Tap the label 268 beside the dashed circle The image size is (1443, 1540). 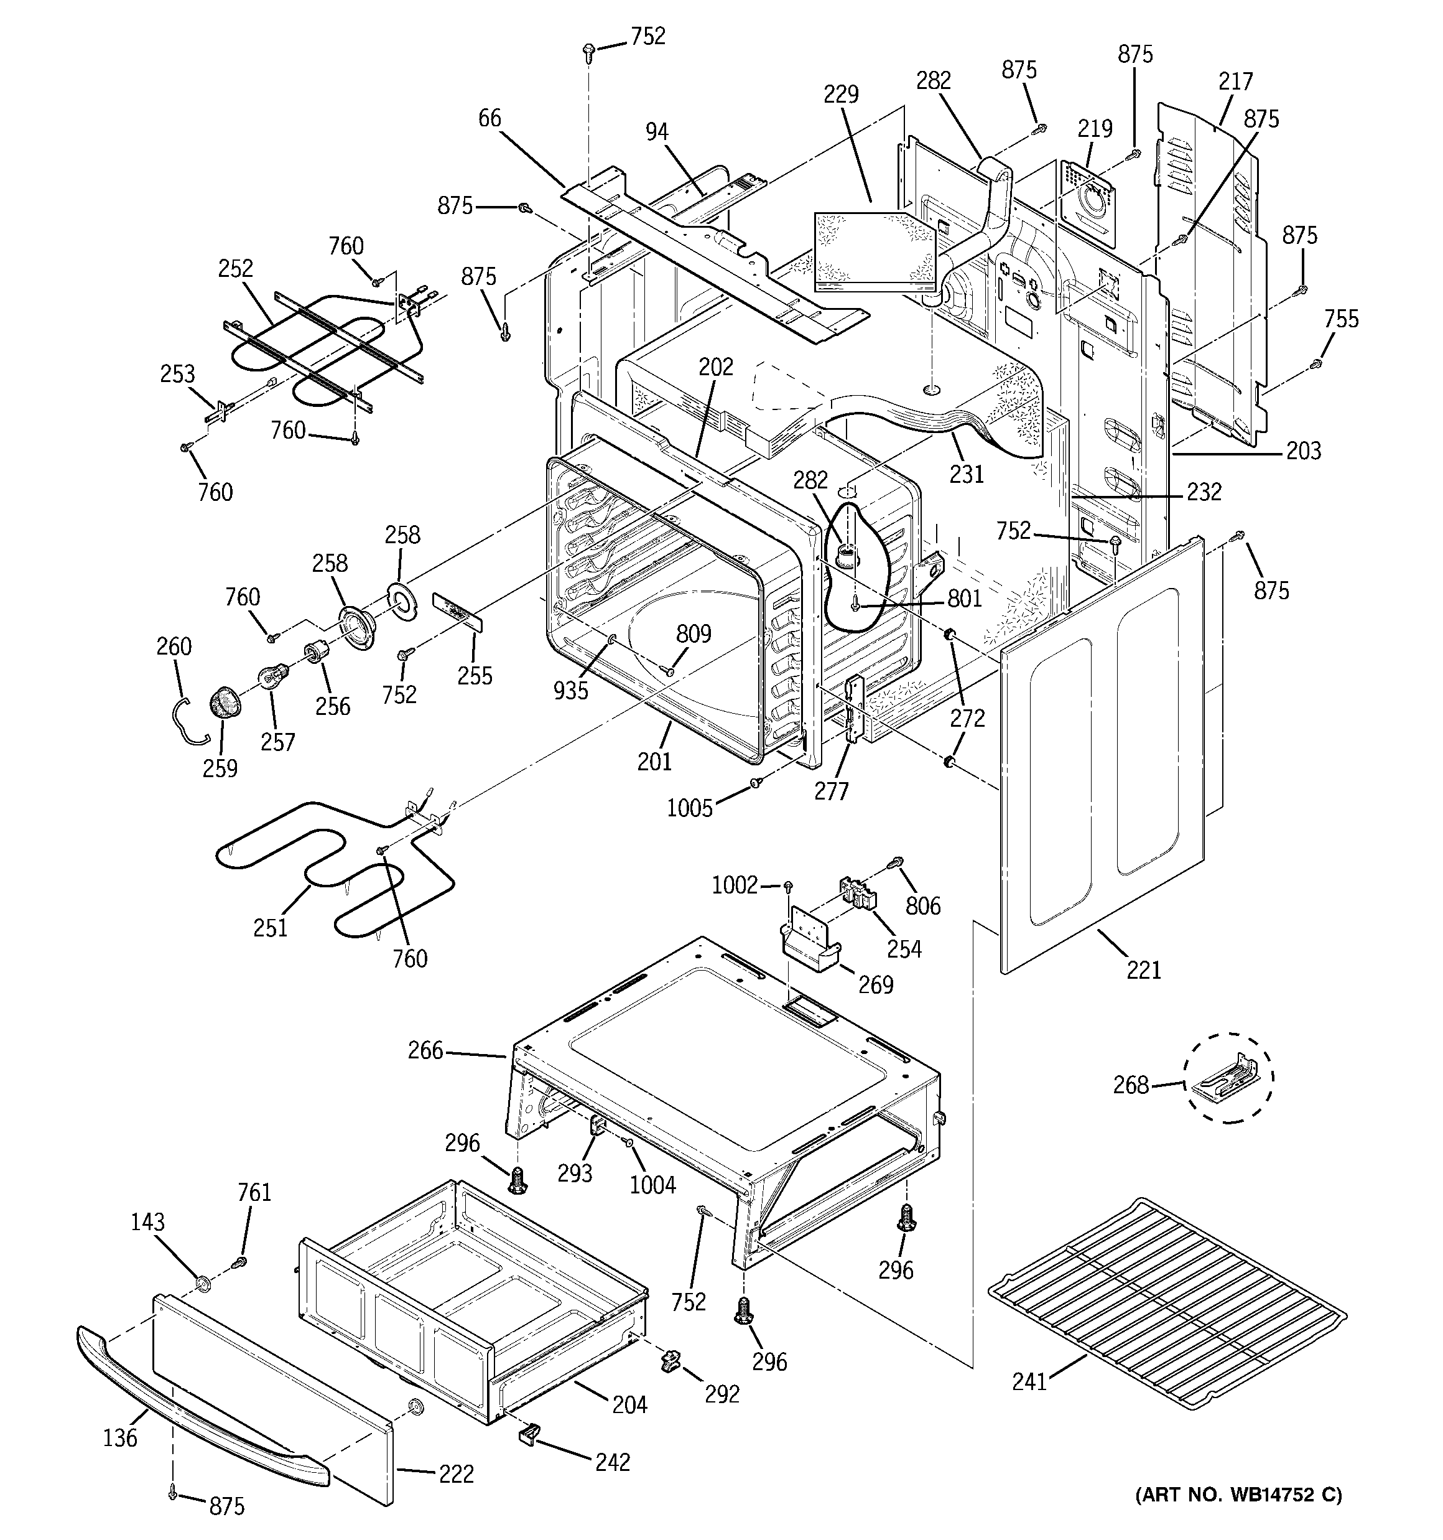(x=1130, y=1085)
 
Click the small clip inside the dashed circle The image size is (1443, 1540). (x=1228, y=1078)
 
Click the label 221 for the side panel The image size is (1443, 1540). (x=1143, y=970)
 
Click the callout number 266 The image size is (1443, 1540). (x=425, y=1050)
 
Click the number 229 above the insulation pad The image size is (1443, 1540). (x=840, y=95)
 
